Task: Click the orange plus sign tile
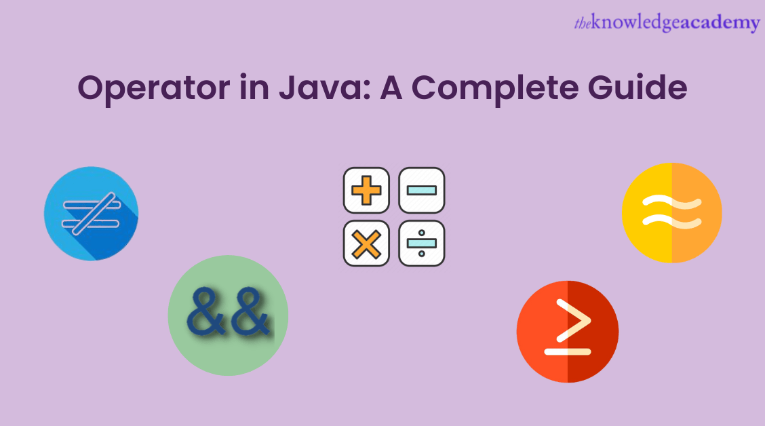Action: [x=366, y=190]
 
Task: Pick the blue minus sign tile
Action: [x=421, y=190]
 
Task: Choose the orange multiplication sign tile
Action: [x=366, y=243]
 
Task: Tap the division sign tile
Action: [x=421, y=243]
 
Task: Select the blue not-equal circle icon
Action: [x=91, y=214]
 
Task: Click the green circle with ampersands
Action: [x=228, y=315]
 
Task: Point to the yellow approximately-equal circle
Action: [x=671, y=212]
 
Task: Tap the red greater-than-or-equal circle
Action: [x=568, y=331]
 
